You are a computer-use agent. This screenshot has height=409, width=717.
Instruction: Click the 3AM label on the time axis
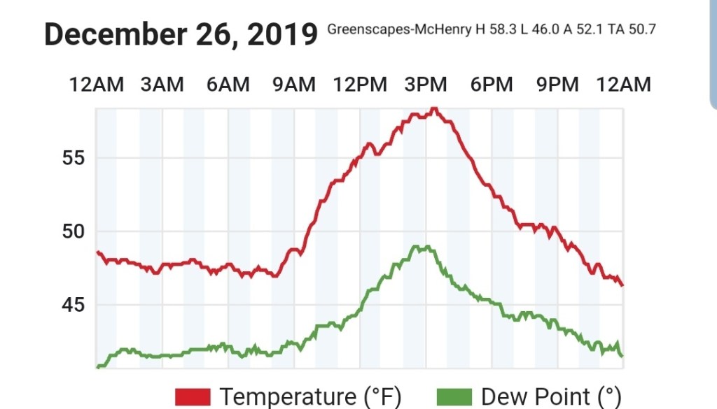coord(162,85)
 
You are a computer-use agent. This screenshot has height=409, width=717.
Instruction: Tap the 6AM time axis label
coord(228,85)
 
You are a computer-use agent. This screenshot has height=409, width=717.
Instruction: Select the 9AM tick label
coord(293,85)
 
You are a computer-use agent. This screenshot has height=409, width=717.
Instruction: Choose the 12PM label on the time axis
coord(360,85)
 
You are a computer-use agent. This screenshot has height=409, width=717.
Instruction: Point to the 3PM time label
coord(426,85)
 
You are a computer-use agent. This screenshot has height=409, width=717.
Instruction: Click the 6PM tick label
coord(492,85)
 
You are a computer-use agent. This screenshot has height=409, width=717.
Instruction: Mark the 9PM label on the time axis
coord(557,85)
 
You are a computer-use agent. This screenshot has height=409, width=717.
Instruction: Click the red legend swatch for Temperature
coord(193,396)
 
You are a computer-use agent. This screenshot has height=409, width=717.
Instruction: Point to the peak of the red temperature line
coord(434,108)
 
